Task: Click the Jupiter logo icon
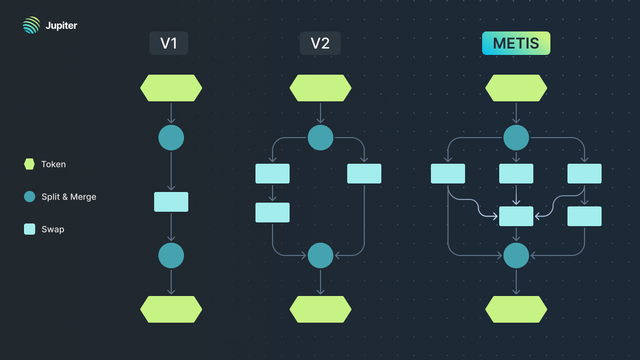point(31,25)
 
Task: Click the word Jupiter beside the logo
point(61,26)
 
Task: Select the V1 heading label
point(169,43)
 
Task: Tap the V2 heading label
point(320,43)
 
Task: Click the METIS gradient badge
point(516,43)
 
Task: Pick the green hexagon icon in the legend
point(29,164)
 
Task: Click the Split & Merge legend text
point(69,197)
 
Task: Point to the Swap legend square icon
point(29,229)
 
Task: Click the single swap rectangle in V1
point(171,202)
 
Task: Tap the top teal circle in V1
point(171,138)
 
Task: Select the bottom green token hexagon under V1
point(171,309)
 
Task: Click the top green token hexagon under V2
point(321,88)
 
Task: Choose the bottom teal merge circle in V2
point(321,255)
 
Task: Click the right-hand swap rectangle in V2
point(364,173)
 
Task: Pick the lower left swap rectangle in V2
point(273,212)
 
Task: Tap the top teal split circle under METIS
point(516,138)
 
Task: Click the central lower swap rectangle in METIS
point(516,216)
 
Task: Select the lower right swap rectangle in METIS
point(585,216)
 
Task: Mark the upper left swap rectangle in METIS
point(448,173)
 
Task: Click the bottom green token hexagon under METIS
point(516,309)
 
